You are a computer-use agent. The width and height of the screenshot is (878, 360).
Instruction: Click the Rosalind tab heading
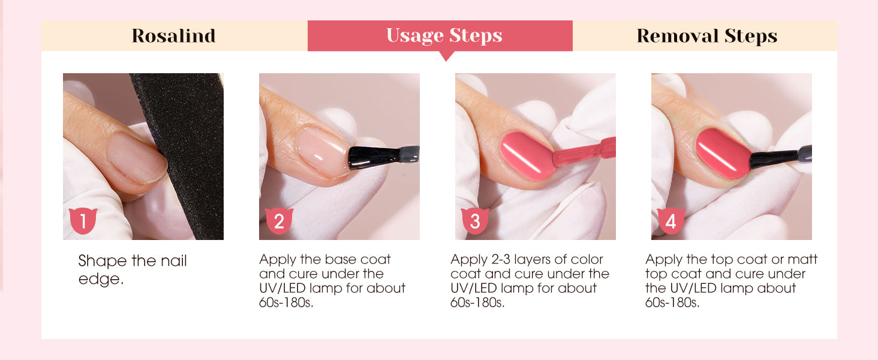click(174, 35)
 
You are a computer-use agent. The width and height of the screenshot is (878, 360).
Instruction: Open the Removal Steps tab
click(706, 35)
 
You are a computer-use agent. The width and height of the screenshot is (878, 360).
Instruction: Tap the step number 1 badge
click(83, 221)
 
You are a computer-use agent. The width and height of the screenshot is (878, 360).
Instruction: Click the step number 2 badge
click(279, 221)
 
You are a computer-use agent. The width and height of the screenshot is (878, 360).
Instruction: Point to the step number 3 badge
click(474, 221)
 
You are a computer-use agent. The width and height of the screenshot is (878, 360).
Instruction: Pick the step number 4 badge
click(670, 221)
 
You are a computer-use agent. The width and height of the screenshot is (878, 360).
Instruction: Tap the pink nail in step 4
click(723, 154)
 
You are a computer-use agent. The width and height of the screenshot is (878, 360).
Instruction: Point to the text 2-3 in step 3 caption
click(501, 259)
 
